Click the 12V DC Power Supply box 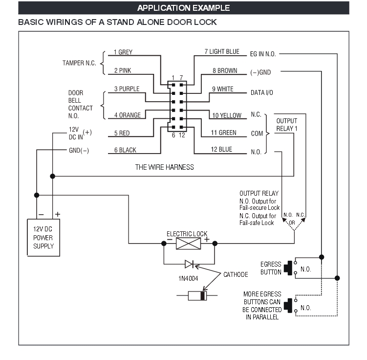43,238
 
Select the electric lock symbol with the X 188,244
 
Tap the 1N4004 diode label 188,278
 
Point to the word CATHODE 236,274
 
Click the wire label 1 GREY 123,52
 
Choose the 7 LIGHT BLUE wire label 222,51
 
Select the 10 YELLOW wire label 227,115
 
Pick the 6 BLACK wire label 125,150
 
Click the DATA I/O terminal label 261,93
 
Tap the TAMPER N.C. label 79,63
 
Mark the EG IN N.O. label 263,54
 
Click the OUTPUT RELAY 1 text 287,125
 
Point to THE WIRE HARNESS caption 165,167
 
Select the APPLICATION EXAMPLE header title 184,8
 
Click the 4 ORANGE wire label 128,115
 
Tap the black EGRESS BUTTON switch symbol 288,268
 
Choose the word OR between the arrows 292,223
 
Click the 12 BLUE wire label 221,150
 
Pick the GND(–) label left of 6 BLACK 79,150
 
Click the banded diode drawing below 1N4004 197,295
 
